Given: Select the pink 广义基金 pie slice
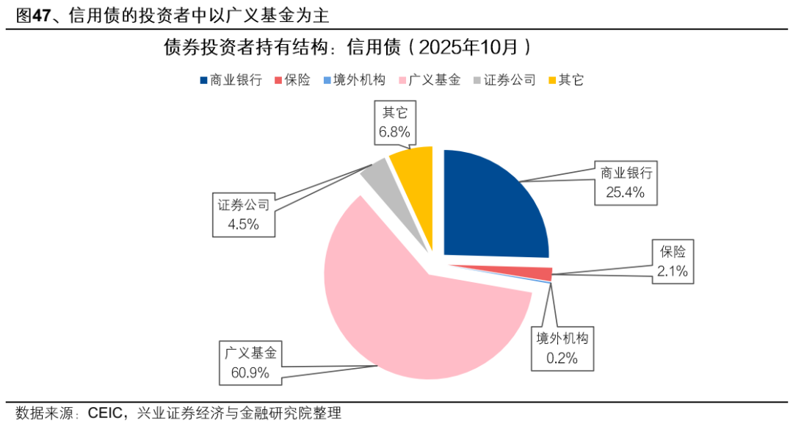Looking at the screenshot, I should [x=411, y=309].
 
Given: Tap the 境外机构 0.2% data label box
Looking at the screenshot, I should [x=562, y=348].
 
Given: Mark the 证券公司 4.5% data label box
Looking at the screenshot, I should [x=244, y=215].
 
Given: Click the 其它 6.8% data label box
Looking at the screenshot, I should [x=394, y=123].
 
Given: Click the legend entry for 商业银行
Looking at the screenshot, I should [x=231, y=80].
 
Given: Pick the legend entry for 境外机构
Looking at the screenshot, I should [x=354, y=80].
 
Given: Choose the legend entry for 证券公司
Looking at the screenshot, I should [x=504, y=80].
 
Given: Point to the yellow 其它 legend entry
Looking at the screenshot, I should [x=565, y=80].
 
